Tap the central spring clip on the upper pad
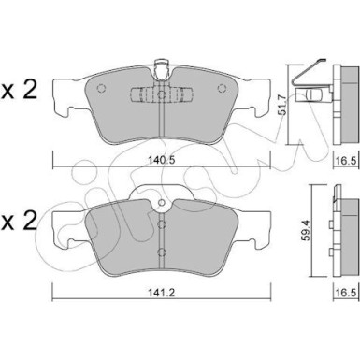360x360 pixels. (x=160, y=97)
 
